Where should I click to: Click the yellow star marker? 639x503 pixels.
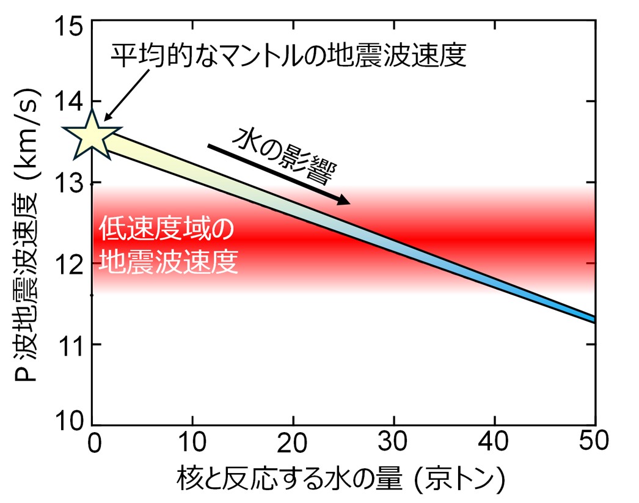pos(92,134)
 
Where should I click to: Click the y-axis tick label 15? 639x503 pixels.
pos(69,24)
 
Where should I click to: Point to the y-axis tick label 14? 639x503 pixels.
pos(69,101)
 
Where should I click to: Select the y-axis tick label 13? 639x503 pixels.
pos(69,183)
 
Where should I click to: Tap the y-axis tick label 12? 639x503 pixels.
pos(69,263)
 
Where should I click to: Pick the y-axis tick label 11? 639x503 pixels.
pos(69,345)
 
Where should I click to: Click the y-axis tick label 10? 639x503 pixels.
pos(69,423)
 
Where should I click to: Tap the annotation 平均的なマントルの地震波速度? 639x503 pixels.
pos(288,56)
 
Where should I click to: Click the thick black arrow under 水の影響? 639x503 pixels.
pos(279,174)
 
